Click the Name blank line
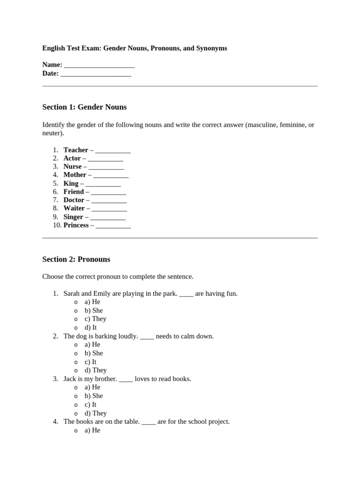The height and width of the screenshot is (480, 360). click(x=99, y=65)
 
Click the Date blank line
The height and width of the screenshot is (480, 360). click(x=96, y=74)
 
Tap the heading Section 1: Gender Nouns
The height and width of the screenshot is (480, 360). click(x=84, y=107)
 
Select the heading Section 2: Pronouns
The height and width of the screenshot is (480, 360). click(x=76, y=259)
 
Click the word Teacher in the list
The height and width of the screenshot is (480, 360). click(x=76, y=150)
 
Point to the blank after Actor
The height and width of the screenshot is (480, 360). click(x=105, y=159)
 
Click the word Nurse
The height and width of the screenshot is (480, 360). click(x=73, y=166)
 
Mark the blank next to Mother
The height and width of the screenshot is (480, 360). click(x=111, y=175)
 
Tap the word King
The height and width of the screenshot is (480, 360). click(x=71, y=183)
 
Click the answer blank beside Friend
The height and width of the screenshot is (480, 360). click(x=108, y=192)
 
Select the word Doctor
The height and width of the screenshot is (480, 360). click(x=74, y=200)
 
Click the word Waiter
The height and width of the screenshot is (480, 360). click(x=74, y=208)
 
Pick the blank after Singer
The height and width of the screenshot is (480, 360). click(x=108, y=217)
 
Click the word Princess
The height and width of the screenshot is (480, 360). click(x=76, y=225)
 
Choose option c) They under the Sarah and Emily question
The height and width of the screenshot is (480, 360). click(x=96, y=319)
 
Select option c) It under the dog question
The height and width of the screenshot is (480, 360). click(x=90, y=362)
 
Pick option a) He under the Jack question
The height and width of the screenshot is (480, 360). click(x=92, y=387)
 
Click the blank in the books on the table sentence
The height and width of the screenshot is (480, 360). click(x=148, y=422)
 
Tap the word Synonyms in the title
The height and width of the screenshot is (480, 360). click(x=211, y=48)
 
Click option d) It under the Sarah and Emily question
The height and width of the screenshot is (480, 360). click(x=90, y=328)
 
